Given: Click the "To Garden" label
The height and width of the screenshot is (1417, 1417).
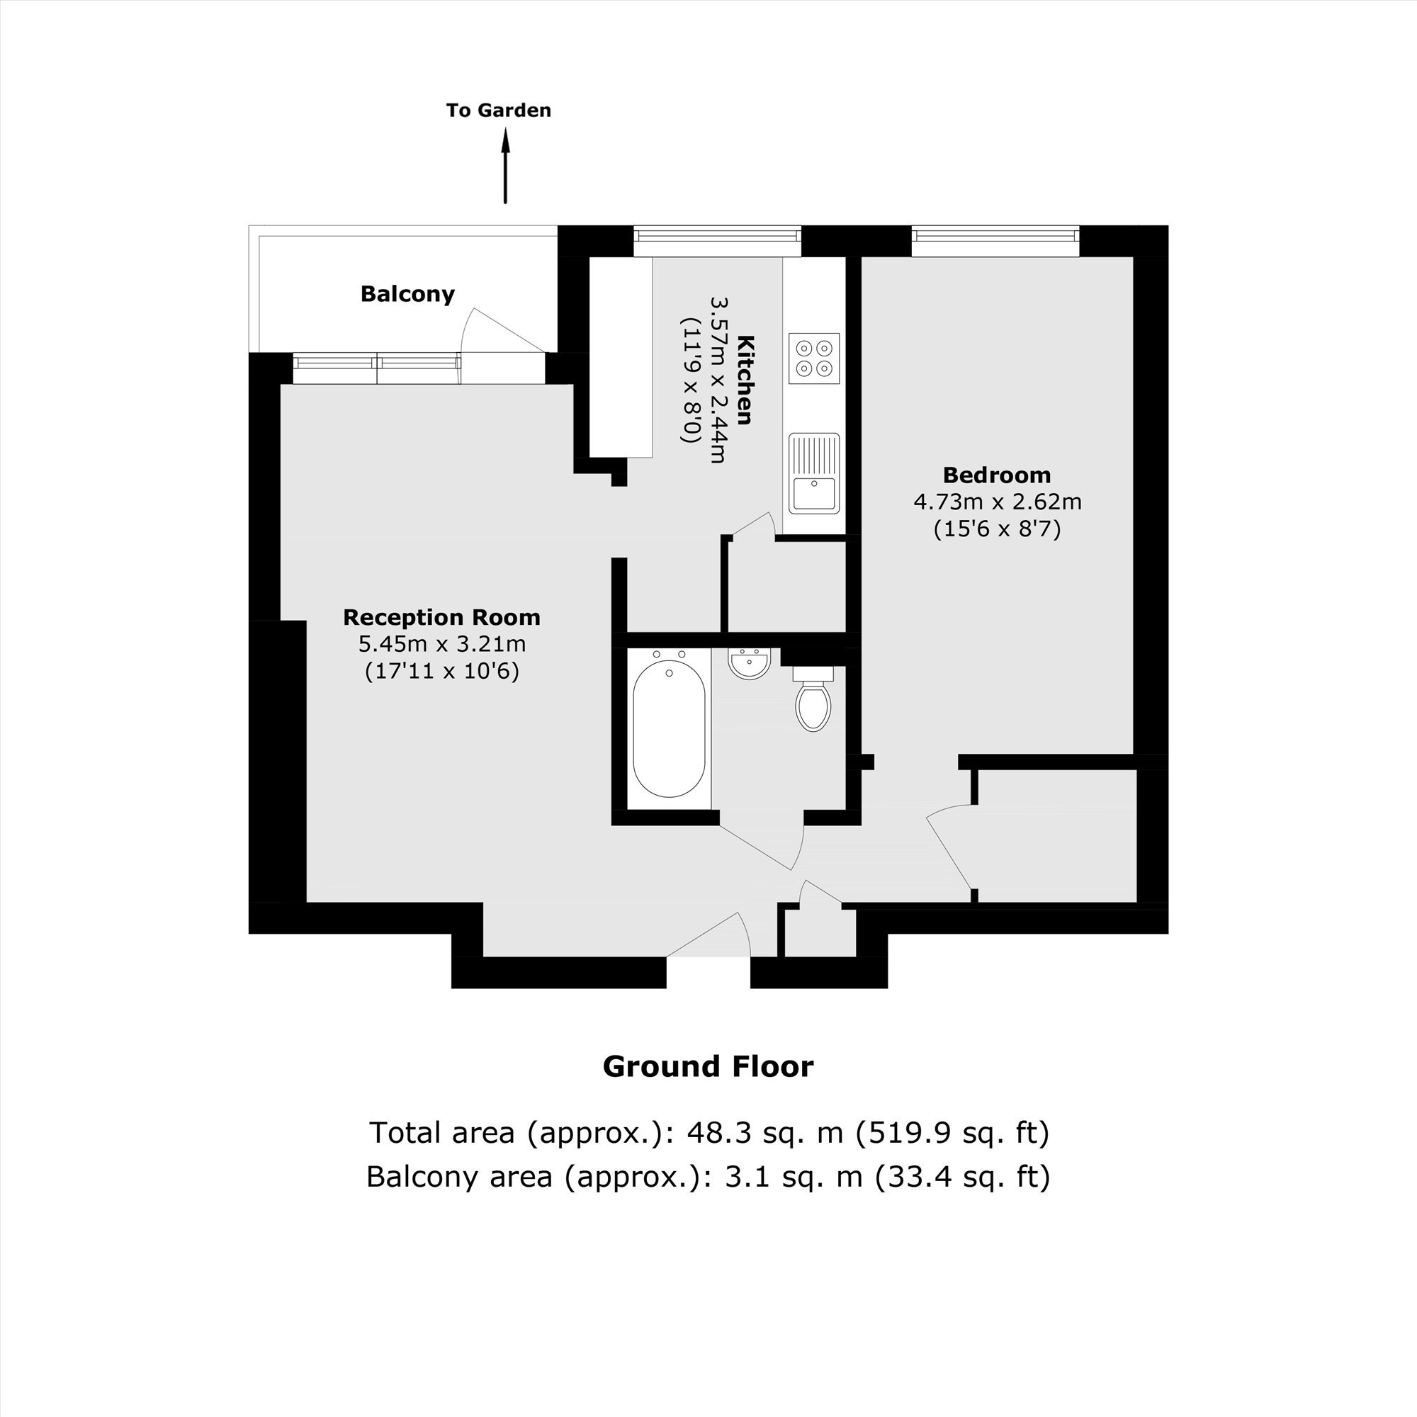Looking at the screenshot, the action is coord(499,111).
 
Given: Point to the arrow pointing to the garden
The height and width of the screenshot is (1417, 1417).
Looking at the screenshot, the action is coord(505,166).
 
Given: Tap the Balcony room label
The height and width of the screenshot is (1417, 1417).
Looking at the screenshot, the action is coord(408,294).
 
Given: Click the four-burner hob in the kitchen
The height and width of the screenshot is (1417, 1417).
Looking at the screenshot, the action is coord(814,358).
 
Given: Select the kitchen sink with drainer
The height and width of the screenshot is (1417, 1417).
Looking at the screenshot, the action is coord(814,473).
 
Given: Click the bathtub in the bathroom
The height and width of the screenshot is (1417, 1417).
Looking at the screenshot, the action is coord(669,728).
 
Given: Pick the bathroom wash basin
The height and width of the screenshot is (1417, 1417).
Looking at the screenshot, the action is coord(749,663).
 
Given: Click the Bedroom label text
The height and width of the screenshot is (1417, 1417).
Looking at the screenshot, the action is coord(997,475).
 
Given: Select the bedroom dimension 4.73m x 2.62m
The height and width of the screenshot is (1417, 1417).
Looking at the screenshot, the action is coord(998,502).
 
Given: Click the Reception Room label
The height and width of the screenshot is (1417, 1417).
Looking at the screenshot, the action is coord(442,618).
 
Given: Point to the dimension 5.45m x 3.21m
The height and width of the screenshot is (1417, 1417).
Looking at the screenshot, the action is coord(442,645).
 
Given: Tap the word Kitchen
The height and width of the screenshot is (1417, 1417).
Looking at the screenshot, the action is coord(745,380).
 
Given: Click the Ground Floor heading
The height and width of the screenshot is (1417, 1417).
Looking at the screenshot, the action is coord(708,1066).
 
